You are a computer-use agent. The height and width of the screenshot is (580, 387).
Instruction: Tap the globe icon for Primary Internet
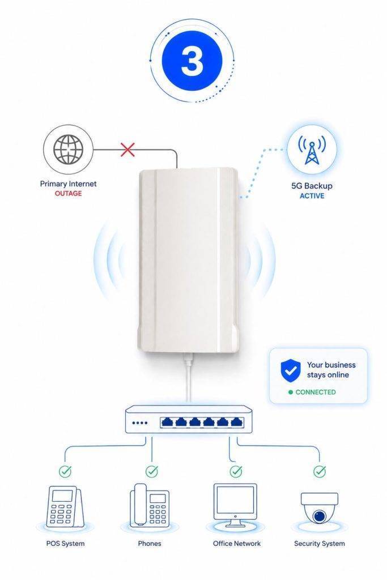[68, 150]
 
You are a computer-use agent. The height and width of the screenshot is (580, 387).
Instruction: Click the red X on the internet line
[127, 150]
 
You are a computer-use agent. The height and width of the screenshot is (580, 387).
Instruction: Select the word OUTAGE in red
[68, 194]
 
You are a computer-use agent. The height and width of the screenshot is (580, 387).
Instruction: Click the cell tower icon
[312, 150]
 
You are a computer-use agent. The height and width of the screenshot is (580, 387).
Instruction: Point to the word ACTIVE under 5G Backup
[312, 196]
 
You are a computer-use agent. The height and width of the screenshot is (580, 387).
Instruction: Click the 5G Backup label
[312, 186]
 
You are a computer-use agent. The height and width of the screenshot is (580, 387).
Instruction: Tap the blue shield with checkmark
[291, 370]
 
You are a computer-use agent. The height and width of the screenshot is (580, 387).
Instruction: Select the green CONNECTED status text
[316, 392]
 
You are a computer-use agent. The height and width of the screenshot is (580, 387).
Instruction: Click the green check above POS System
[66, 471]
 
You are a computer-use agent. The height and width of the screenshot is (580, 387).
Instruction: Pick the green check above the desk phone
[152, 471]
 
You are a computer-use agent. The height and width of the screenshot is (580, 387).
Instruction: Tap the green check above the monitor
[236, 471]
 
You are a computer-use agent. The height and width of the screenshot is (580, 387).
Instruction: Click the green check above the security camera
[320, 471]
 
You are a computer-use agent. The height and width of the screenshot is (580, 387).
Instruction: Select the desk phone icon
[150, 505]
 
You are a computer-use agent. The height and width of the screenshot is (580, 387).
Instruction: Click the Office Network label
[237, 543]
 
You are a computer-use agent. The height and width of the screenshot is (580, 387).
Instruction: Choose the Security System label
[320, 543]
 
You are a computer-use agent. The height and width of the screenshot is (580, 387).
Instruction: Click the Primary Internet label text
[68, 184]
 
